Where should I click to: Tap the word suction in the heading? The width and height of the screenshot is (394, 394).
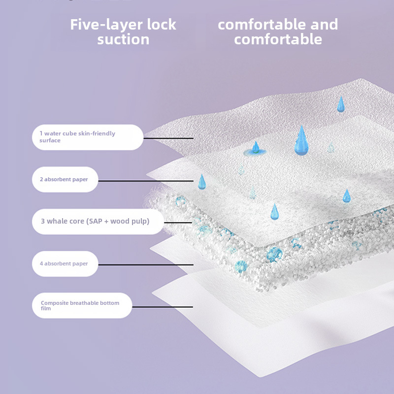(123, 39)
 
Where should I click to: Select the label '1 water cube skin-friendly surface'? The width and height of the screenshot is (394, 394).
(88, 137)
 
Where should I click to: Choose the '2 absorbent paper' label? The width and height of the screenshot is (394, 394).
(65, 179)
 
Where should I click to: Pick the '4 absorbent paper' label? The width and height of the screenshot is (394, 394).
(65, 263)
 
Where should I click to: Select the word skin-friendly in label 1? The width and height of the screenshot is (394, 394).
(97, 133)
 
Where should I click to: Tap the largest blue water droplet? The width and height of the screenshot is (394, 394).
(301, 141)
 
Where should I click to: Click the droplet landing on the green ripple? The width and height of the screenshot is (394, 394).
(256, 147)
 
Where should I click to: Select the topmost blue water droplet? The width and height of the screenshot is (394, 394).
(340, 104)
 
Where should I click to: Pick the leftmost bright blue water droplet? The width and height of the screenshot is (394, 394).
(201, 182)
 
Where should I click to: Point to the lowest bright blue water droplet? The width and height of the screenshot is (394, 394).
(274, 212)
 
